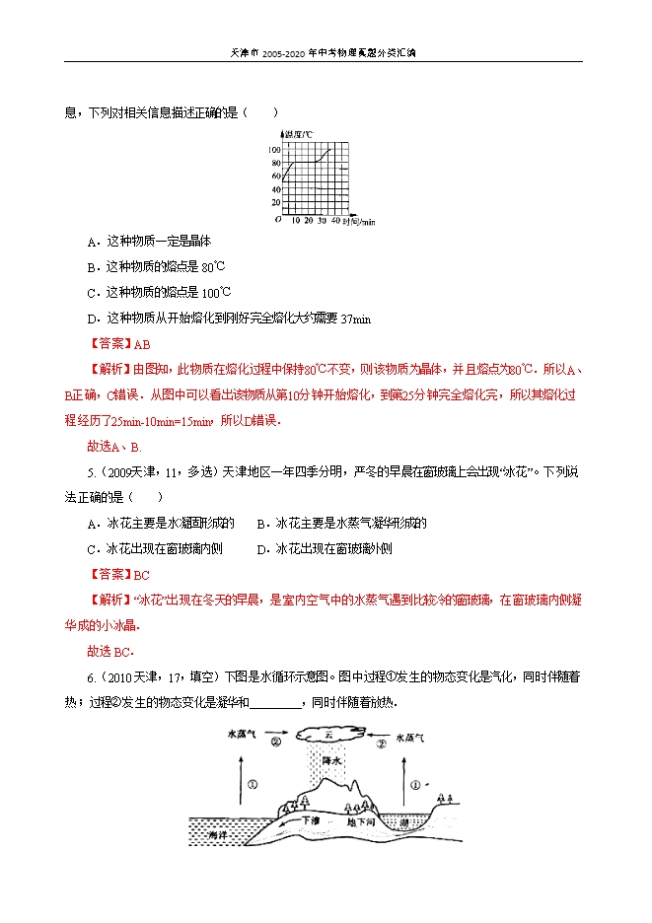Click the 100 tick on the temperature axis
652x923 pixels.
(x=273, y=149)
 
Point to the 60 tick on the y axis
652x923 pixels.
(x=275, y=176)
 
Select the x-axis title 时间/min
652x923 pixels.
(x=359, y=223)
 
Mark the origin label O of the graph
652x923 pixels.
(x=278, y=220)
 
